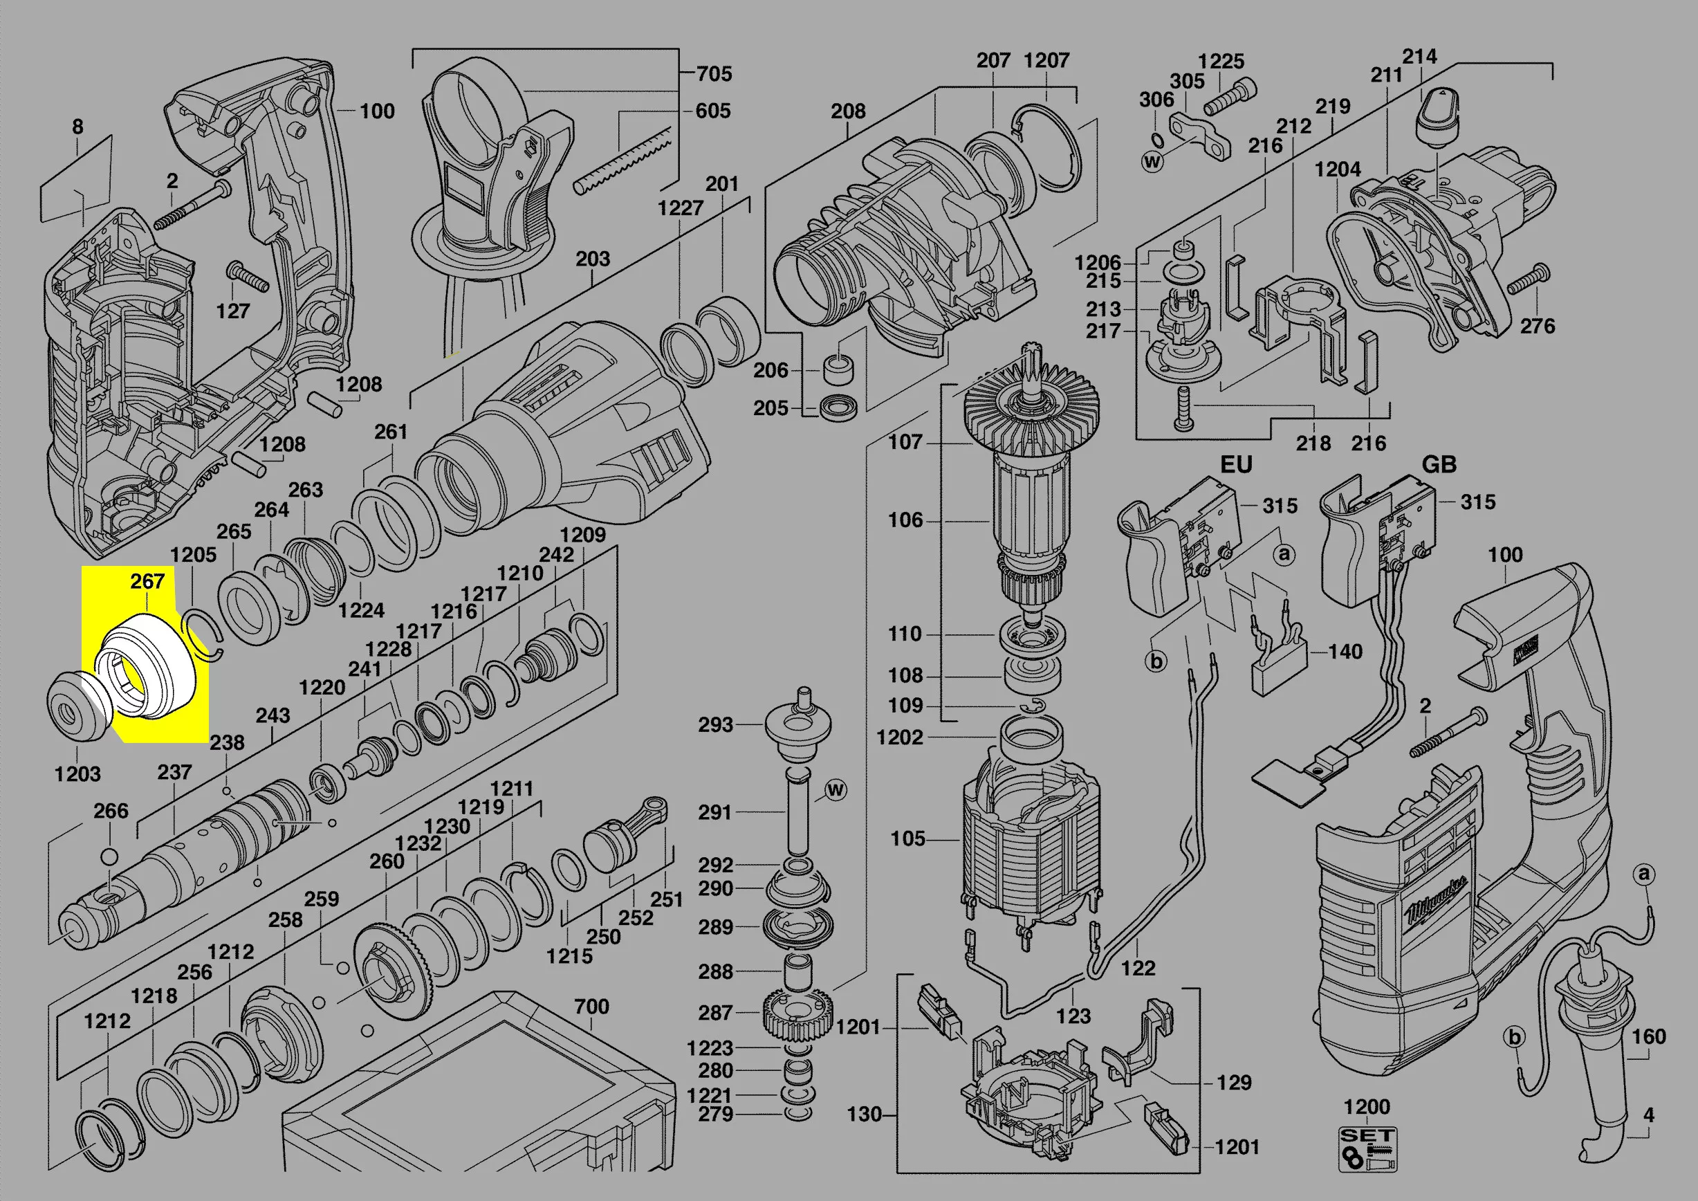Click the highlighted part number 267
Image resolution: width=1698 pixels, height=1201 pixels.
[147, 581]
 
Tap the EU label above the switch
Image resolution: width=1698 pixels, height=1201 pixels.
[1236, 464]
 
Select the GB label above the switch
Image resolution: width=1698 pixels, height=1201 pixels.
[1439, 464]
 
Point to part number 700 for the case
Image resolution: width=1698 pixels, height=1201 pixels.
[591, 1007]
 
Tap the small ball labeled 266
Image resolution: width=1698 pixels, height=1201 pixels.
[108, 857]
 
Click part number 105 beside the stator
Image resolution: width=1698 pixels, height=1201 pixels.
[908, 838]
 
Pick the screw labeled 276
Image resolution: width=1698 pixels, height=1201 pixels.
[1525, 280]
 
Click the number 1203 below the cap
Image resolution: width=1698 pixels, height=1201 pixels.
[77, 774]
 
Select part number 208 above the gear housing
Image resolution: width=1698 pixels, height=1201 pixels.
[847, 111]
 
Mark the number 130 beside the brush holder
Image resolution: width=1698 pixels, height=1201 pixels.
[865, 1114]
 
